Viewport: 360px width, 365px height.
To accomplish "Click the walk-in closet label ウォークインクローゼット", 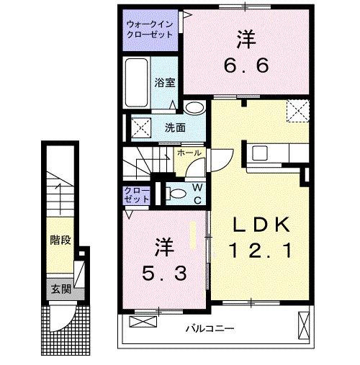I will coord(150,27).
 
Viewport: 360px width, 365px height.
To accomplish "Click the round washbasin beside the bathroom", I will coord(194,108).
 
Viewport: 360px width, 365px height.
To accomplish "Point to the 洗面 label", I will coord(176,128).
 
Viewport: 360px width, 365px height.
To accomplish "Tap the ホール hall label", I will coord(189,153).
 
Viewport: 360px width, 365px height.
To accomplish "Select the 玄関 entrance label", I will coord(60,289).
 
